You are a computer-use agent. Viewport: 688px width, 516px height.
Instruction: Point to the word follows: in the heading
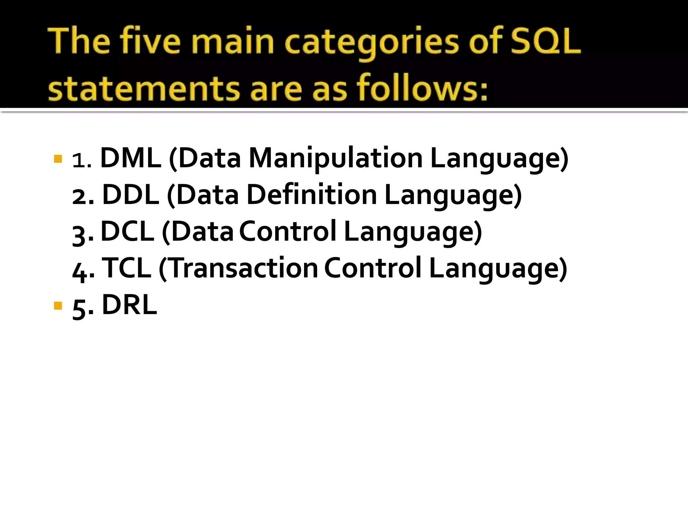[422, 88]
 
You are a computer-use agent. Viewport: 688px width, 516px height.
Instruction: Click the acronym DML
[131, 158]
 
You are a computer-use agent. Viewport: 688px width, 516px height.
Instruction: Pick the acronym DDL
[131, 195]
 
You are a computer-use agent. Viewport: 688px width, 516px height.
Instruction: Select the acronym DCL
[128, 231]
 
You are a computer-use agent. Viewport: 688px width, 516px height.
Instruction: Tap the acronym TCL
[126, 268]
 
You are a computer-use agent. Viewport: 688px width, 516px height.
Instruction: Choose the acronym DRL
[129, 305]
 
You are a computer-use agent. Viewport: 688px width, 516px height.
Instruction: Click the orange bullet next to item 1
[58, 159]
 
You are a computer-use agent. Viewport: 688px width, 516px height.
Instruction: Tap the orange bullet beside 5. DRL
[58, 306]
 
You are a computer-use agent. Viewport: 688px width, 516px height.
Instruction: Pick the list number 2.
[80, 197]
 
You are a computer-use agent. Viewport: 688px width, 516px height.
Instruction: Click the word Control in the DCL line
[288, 231]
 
